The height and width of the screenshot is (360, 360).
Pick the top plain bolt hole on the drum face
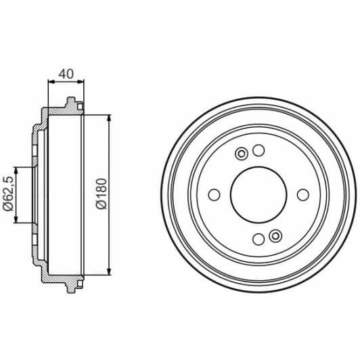pyautogui.click(x=258, y=151)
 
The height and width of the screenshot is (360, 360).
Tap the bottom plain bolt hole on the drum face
pyautogui.click(x=258, y=238)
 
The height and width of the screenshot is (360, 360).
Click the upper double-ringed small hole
pyautogui.click(x=241, y=154)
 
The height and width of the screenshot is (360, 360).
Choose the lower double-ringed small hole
pyautogui.click(x=274, y=235)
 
